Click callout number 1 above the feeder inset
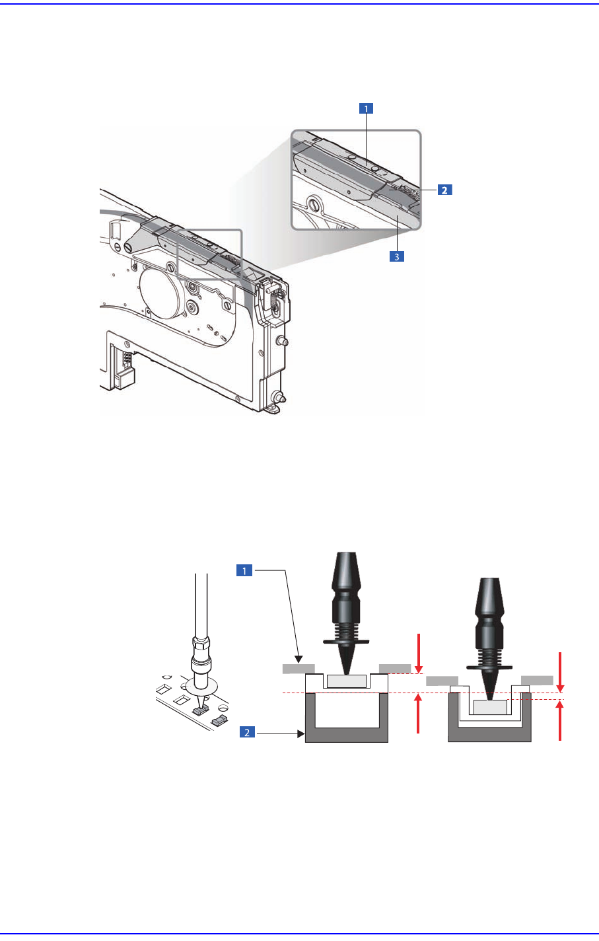tap(365, 109)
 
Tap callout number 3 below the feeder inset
tap(396, 256)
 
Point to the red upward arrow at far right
tap(560, 721)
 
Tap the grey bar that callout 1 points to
tap(298, 669)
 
